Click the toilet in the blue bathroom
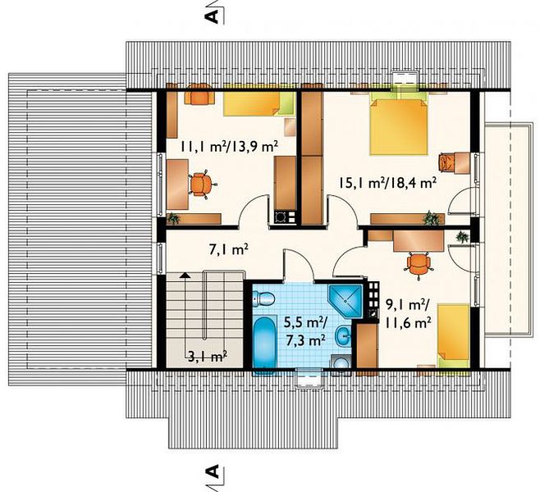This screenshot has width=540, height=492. (x=263, y=298)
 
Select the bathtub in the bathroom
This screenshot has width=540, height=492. (x=264, y=342)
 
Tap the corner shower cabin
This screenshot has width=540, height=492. (x=345, y=301)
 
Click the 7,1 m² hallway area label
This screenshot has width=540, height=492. (x=229, y=249)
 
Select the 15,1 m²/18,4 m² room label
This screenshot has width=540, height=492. (x=387, y=183)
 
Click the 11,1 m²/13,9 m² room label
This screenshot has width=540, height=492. (x=228, y=147)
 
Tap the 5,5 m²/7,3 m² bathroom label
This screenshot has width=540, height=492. (x=305, y=331)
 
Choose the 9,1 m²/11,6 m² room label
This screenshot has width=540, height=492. (x=405, y=313)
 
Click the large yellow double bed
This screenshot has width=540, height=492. (x=399, y=126)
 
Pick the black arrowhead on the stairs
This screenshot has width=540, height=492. (x=185, y=275)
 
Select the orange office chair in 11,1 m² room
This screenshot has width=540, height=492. (x=201, y=184)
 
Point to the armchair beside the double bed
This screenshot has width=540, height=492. (x=447, y=162)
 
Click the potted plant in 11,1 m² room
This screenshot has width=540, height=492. (x=173, y=218)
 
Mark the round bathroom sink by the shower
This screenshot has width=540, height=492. (x=343, y=335)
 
